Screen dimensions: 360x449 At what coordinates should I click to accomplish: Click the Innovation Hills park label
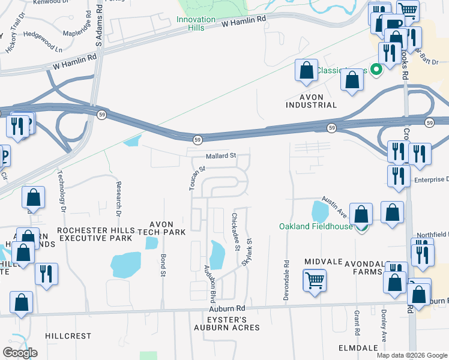[x=196, y=24]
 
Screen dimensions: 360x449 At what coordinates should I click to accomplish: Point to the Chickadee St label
[x=235, y=231]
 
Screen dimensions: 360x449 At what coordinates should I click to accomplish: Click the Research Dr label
[x=118, y=199]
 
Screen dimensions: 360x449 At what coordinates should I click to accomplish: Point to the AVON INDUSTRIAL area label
[x=311, y=101]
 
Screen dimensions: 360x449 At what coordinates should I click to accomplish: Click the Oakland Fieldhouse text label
[x=315, y=226]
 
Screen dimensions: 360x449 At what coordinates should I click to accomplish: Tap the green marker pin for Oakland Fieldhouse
[x=361, y=227]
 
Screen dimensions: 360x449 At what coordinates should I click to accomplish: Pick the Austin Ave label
[x=334, y=206]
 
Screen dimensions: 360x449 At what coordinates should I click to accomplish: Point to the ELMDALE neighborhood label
[x=358, y=347]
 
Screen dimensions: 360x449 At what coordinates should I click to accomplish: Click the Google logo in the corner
[x=20, y=353]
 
